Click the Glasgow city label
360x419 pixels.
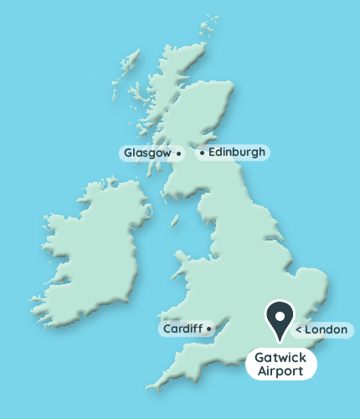[147, 153]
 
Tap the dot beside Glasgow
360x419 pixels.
[178, 154]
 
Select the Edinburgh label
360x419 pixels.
[236, 153]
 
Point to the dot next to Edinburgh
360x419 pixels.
[202, 153]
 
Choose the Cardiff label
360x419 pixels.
[182, 329]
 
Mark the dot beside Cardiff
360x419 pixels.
[208, 328]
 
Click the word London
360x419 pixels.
[326, 329]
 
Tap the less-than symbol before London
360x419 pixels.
[299, 330]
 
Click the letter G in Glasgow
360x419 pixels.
[128, 153]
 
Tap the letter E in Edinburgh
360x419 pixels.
[212, 153]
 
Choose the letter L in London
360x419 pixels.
[309, 329]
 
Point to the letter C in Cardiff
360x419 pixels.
[167, 329]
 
